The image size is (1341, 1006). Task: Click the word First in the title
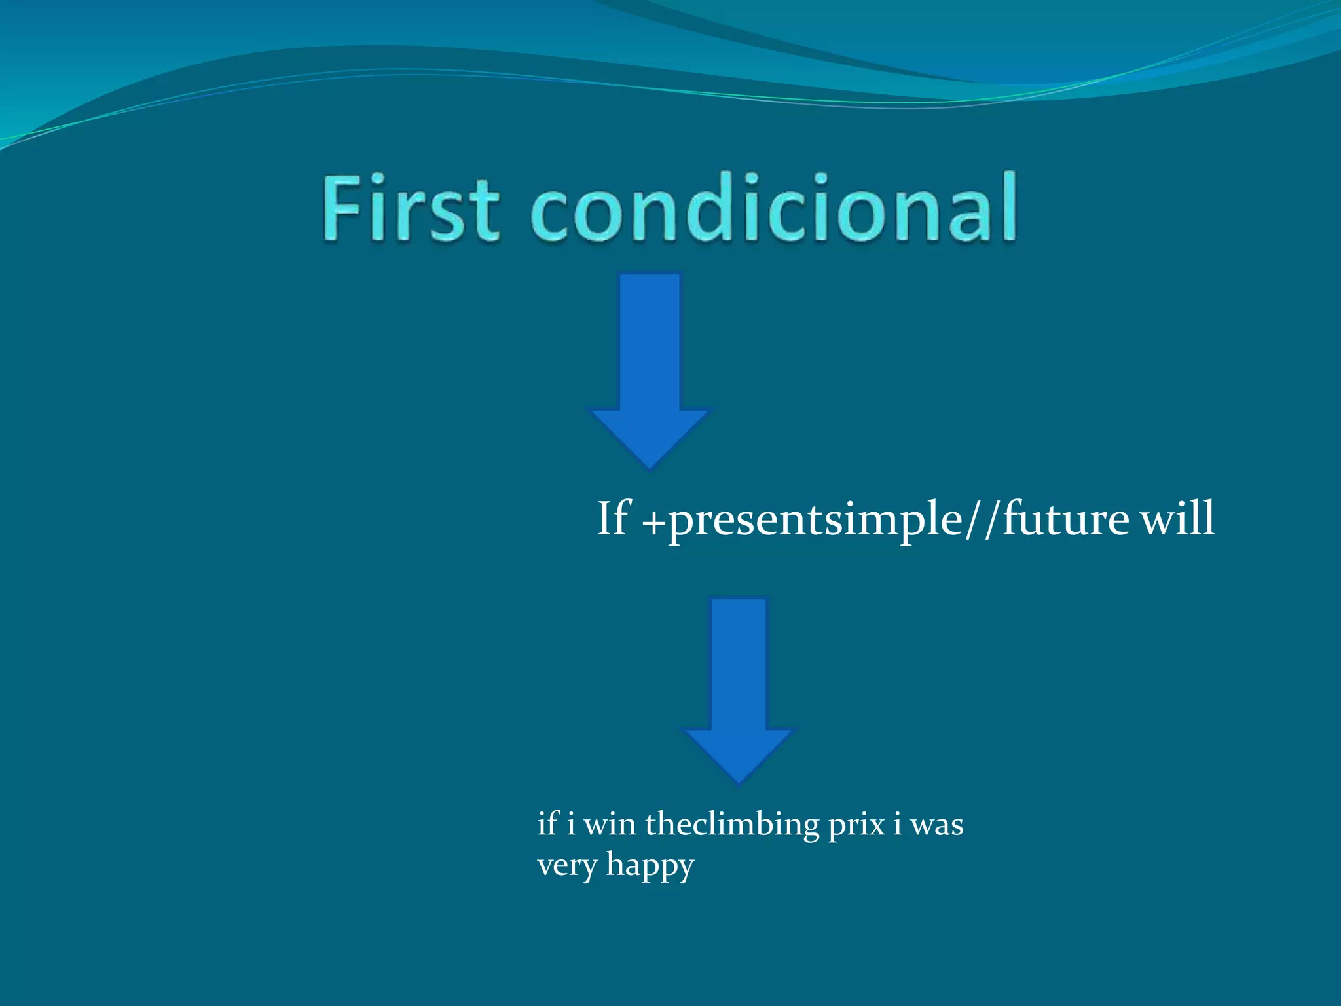coord(411,208)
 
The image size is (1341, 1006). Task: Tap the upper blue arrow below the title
coord(650,367)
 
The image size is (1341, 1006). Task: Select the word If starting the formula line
coord(614,519)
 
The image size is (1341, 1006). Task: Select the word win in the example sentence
coord(610,825)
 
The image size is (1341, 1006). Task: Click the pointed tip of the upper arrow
coord(650,466)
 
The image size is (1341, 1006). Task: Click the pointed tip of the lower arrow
coord(739,781)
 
